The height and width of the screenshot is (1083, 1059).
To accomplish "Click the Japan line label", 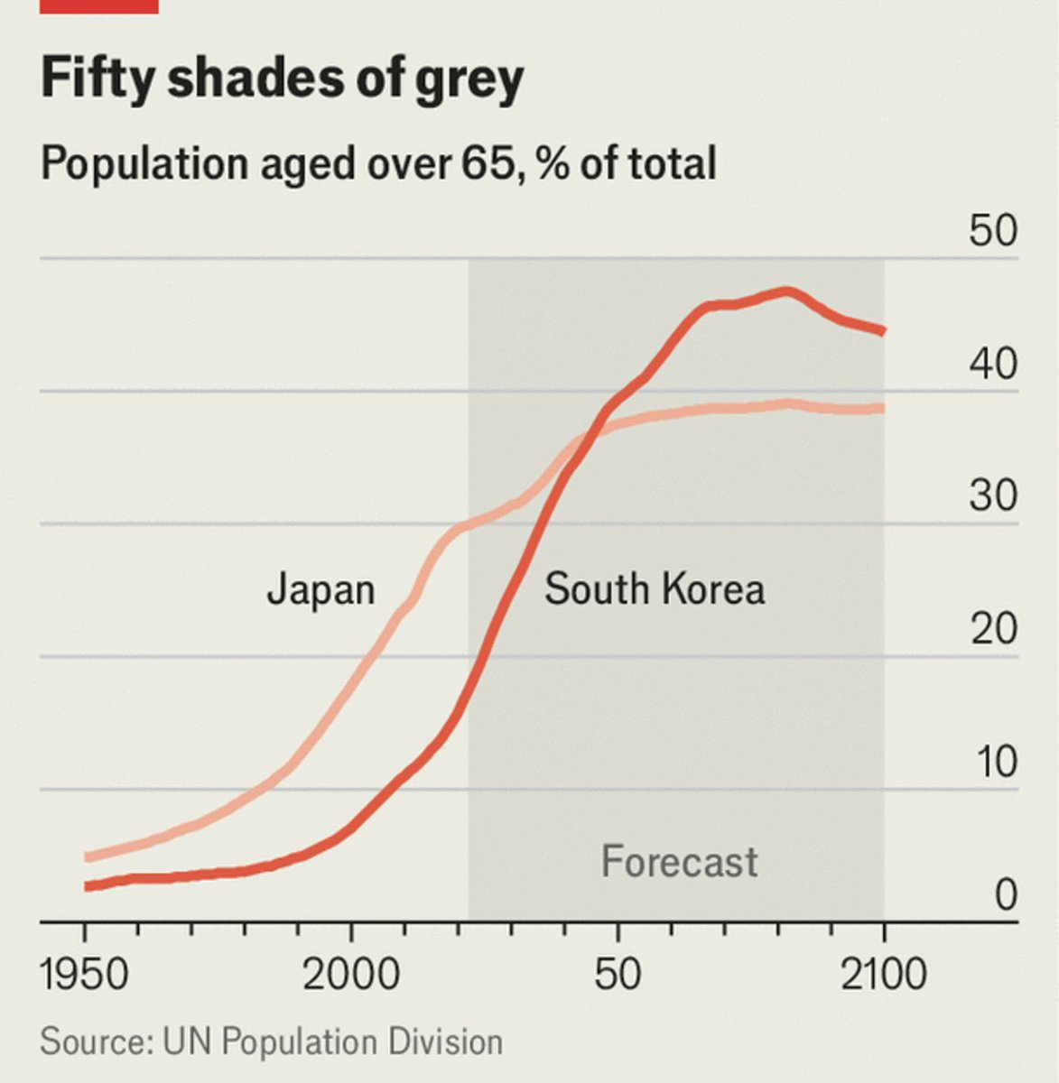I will coord(320,589).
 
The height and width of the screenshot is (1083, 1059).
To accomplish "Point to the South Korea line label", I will coord(655,589).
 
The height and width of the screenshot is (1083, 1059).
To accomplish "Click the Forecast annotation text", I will coord(679,861).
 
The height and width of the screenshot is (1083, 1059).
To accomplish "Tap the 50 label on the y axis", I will coord(993,231).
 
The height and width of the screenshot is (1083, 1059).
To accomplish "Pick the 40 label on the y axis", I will coord(993,364).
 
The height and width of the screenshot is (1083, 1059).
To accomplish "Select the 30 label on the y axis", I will coord(993,495).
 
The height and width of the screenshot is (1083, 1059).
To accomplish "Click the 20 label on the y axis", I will coord(993,628).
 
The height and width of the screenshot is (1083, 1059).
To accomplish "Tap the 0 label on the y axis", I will coord(1006,894).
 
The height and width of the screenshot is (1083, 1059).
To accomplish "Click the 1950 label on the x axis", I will coord(85,976).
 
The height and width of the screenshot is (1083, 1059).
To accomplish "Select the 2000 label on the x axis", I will coord(351,976).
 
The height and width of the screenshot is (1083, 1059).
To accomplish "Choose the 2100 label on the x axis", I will coord(883,976).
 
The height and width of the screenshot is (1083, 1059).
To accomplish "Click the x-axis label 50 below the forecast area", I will coord(618,976).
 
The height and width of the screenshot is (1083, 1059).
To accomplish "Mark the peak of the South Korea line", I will coord(787,292).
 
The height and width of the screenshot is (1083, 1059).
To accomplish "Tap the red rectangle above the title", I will coord(99,5).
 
